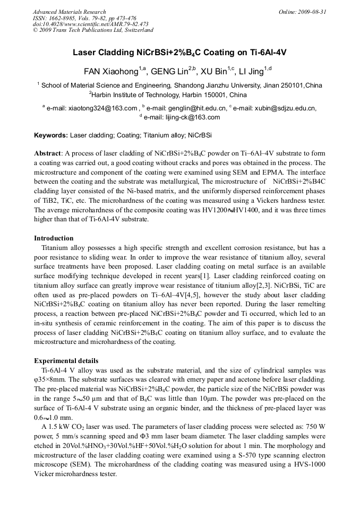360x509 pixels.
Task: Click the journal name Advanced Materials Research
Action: pos(70,12)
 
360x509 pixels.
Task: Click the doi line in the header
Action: pos(90,24)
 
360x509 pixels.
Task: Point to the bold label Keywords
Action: pos(51,135)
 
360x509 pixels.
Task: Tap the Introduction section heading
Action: pos(54,238)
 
